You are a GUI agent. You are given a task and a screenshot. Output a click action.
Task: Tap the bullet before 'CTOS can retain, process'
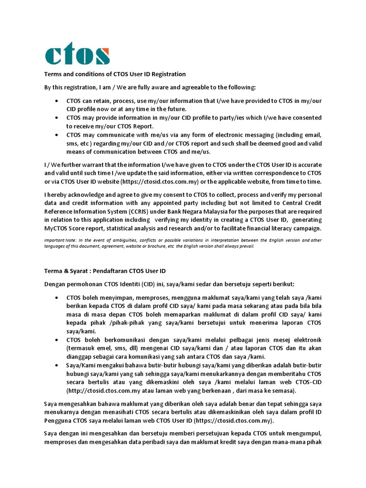click(x=57, y=101)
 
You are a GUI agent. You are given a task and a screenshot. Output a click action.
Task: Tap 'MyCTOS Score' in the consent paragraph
click(x=64, y=228)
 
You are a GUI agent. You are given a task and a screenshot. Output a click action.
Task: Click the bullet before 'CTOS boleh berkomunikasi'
click(x=57, y=340)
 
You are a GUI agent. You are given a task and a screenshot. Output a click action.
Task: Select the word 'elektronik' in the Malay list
click(x=305, y=340)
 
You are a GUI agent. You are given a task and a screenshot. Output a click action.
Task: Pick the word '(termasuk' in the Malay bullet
click(x=81, y=348)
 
